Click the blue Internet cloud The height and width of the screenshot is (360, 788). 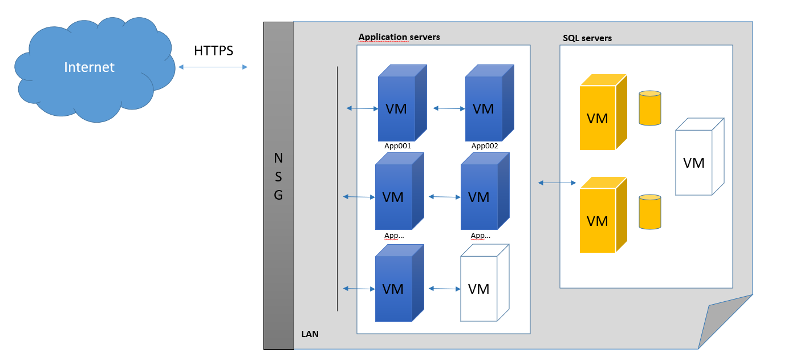click(91, 68)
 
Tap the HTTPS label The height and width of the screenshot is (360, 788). click(213, 51)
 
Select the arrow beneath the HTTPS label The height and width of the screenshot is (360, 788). click(213, 67)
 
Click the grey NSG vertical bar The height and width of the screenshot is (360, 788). click(278, 185)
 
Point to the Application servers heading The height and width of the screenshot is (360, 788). click(399, 37)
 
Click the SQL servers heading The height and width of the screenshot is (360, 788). click(587, 38)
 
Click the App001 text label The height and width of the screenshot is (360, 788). click(397, 146)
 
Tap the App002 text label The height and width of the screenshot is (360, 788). click(485, 146)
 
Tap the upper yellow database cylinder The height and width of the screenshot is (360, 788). click(650, 108)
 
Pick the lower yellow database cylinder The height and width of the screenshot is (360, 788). click(650, 212)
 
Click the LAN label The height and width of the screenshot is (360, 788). click(310, 334)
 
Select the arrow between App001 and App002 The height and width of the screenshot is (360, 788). click(449, 108)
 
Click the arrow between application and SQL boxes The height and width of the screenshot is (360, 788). click(557, 183)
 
